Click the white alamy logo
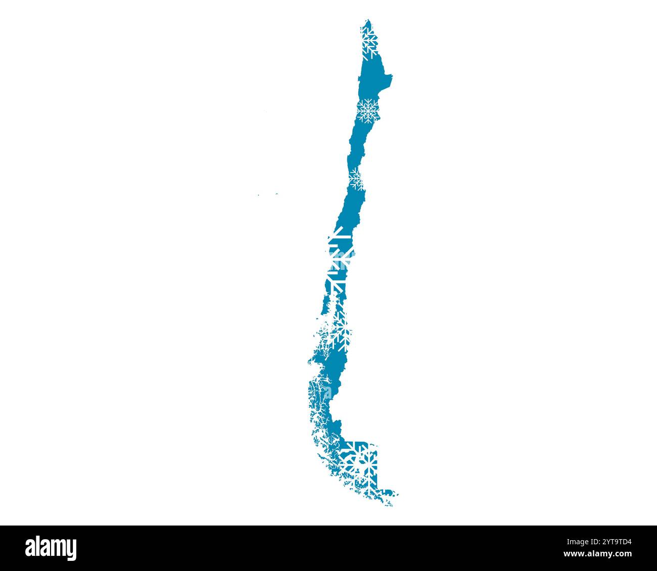(51, 548)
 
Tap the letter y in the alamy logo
(71, 550)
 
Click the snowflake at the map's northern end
(369, 41)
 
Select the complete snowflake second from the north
(367, 110)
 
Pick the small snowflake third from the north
(356, 178)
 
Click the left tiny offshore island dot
(258, 195)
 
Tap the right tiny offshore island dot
(277, 193)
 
